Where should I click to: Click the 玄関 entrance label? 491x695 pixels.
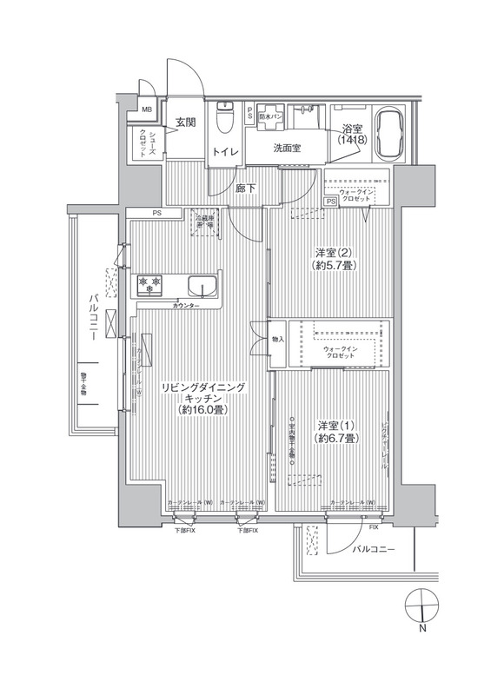tap(185, 122)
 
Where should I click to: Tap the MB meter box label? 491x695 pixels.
tap(146, 110)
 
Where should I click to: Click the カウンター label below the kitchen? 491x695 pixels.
tap(185, 307)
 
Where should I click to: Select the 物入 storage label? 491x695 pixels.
tap(278, 340)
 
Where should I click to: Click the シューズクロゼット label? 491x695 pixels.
tap(150, 142)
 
